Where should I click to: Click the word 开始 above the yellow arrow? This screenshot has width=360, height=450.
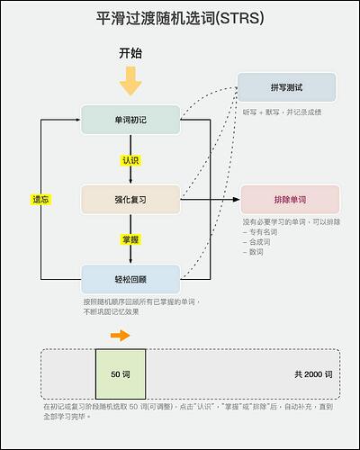tap(130, 54)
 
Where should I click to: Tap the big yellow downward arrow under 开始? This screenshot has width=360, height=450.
tap(130, 82)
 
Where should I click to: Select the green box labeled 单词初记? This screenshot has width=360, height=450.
tap(130, 120)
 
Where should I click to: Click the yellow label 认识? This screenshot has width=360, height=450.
tap(130, 160)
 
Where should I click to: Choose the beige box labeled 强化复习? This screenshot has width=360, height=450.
tap(130, 199)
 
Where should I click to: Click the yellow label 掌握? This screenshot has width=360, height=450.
tap(130, 239)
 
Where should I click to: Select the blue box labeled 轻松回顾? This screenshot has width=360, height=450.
tap(130, 278)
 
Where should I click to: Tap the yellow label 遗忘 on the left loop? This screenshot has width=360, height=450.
tap(40, 199)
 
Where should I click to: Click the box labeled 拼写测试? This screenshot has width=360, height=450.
tap(286, 87)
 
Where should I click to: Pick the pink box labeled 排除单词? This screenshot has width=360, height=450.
tap(290, 199)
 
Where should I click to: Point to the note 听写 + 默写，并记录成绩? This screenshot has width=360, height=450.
tap(282, 112)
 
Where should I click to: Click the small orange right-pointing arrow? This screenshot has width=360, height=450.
tap(119, 336)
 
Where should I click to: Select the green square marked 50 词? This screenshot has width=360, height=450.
tap(121, 373)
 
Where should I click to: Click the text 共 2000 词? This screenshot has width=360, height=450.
tap(313, 373)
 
